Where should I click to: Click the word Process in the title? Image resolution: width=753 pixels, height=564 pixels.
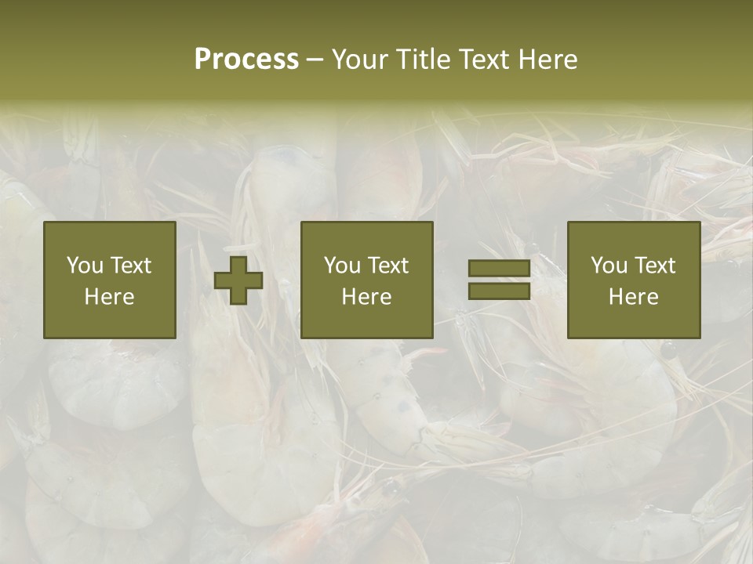click(x=246, y=60)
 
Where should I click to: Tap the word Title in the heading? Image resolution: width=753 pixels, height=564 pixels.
click(x=424, y=60)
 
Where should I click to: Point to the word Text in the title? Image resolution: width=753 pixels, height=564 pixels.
click(x=485, y=60)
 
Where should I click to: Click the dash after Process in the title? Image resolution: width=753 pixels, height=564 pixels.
click(x=315, y=60)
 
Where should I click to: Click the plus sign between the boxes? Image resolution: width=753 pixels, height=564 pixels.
click(x=238, y=280)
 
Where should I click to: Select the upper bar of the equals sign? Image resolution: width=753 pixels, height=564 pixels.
click(x=499, y=268)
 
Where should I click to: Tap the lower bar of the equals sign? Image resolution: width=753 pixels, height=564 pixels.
click(x=499, y=291)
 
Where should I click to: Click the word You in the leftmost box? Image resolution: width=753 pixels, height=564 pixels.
click(x=84, y=266)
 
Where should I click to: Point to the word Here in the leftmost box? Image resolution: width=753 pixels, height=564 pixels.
click(x=109, y=297)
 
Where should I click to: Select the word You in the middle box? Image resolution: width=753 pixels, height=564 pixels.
click(x=342, y=266)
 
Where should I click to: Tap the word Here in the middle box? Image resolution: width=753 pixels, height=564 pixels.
click(x=367, y=297)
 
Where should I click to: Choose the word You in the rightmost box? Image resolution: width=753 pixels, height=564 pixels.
click(x=609, y=266)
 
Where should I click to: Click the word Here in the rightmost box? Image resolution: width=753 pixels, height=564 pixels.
click(x=634, y=297)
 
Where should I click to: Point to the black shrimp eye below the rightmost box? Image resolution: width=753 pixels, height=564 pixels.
click(x=668, y=350)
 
